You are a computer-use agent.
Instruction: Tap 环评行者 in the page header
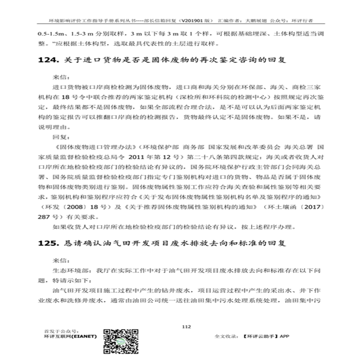pos(303,21)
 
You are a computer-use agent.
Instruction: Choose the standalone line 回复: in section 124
pos(61,137)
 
